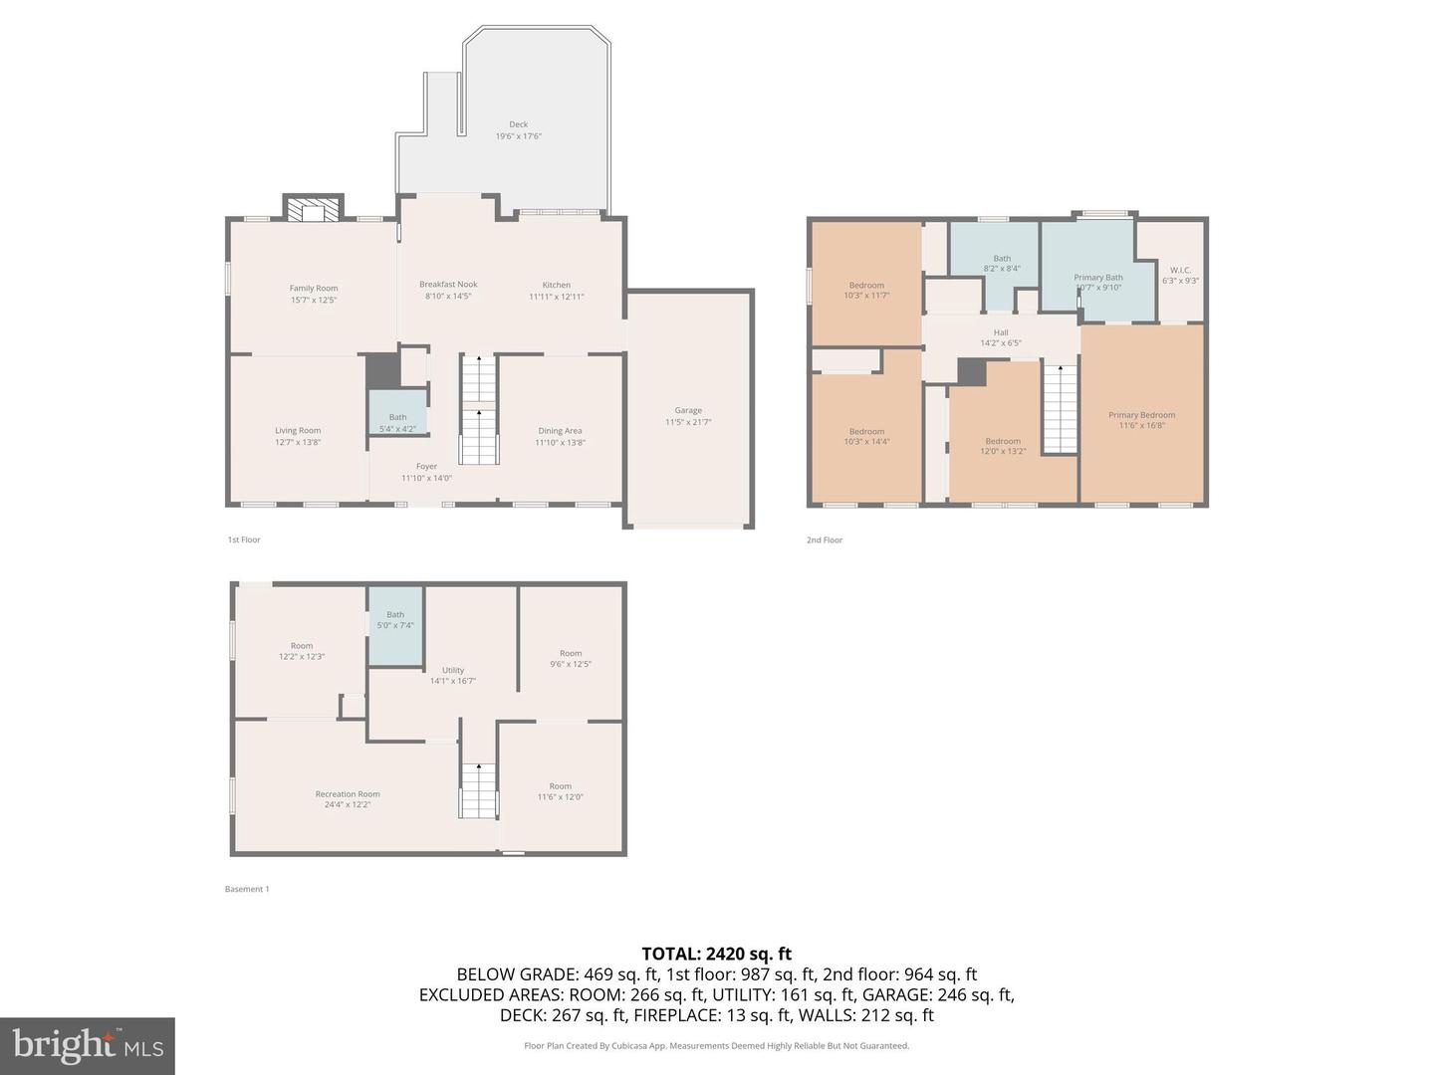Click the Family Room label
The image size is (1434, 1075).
point(314,289)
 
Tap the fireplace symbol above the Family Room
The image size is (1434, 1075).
point(314,210)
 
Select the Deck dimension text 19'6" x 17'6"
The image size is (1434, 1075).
point(519,136)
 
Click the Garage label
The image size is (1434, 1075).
point(688,410)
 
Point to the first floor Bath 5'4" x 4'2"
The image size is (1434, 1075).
point(397,423)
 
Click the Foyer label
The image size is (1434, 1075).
point(426,466)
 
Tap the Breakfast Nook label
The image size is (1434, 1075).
point(448,285)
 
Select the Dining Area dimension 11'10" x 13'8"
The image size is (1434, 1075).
point(560,442)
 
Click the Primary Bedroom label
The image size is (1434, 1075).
point(1141,415)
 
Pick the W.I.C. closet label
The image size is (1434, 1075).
point(1180,270)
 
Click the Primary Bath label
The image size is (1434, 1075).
point(1097,278)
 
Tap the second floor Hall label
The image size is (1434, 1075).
point(1001,332)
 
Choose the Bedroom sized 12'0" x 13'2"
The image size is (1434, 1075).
point(1003,446)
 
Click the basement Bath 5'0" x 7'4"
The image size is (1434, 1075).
point(395,619)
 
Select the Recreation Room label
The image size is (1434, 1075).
point(348,794)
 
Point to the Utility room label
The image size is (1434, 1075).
point(453,670)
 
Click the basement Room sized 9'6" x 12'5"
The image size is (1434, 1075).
point(571,659)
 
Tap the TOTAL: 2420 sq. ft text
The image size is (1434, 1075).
point(716,954)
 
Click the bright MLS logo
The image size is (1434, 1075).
point(88,1045)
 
